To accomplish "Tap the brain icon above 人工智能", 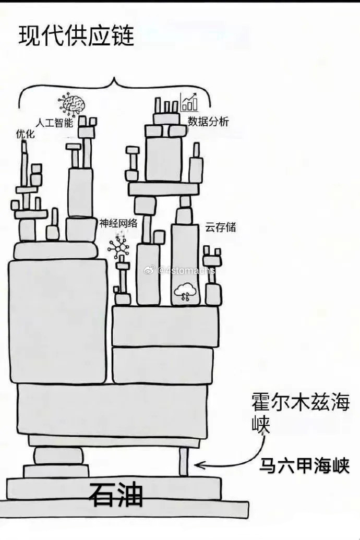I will pyautogui.click(x=73, y=103).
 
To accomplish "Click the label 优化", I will pyautogui.click(x=25, y=135).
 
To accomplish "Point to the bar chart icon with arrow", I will pyautogui.click(x=189, y=102).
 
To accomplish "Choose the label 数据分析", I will pyautogui.click(x=208, y=122).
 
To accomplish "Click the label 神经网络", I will pyautogui.click(x=118, y=223).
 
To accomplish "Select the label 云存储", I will pyautogui.click(x=220, y=227).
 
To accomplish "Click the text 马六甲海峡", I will pyautogui.click(x=305, y=465).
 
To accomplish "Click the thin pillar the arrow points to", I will pyautogui.click(x=183, y=461).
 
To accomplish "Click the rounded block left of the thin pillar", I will pyautogui.click(x=58, y=456).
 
